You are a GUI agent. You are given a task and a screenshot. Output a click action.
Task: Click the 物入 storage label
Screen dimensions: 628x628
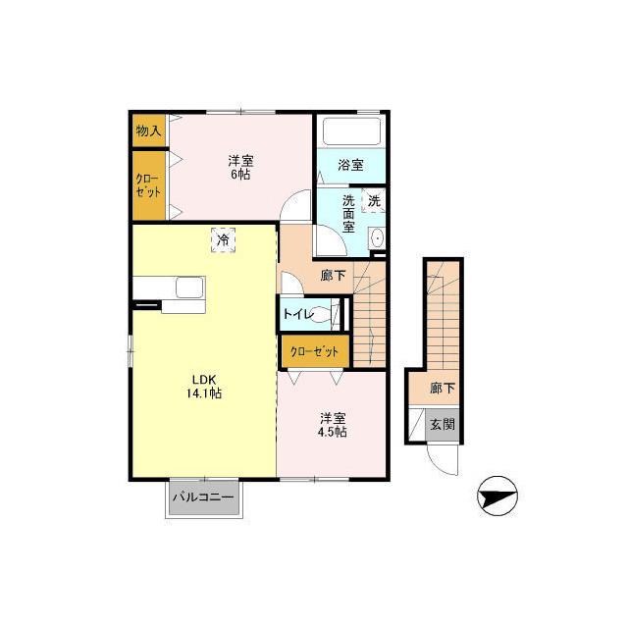click(148, 131)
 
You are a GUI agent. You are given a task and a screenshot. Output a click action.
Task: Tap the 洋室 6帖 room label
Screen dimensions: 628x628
click(240, 168)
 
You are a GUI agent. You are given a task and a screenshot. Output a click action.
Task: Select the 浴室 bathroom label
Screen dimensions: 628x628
click(350, 165)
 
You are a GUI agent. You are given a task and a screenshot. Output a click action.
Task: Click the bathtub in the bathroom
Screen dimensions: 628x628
click(351, 131)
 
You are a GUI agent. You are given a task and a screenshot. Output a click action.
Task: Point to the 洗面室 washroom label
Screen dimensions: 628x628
click(348, 214)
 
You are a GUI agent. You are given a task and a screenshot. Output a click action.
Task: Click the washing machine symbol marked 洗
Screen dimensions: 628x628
click(374, 200)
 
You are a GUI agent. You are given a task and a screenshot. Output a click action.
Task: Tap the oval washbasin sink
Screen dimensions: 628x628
click(377, 239)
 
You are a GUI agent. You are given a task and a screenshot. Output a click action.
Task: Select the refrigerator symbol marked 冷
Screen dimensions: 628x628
click(223, 239)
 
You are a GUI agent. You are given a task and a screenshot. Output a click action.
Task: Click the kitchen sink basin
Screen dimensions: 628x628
click(189, 288)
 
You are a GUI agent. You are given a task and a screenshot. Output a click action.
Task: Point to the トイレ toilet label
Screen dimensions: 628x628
click(298, 314)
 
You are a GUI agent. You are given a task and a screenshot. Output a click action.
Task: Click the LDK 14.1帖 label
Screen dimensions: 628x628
click(204, 387)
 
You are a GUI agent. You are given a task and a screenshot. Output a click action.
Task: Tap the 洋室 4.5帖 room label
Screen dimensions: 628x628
click(332, 425)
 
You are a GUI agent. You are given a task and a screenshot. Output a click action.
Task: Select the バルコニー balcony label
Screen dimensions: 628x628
click(203, 497)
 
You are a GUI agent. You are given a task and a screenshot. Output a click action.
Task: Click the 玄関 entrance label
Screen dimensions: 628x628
click(443, 424)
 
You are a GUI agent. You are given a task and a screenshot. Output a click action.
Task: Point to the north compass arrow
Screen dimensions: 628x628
click(497, 497)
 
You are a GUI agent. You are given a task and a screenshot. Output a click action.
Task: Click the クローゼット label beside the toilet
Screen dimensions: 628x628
click(315, 351)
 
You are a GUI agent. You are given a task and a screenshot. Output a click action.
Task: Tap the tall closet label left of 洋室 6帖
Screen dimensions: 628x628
click(148, 185)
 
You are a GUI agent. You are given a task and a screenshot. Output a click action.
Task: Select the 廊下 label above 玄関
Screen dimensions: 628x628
click(443, 388)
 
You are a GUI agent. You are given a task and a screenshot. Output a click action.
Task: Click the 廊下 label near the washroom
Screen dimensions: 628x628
click(333, 275)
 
